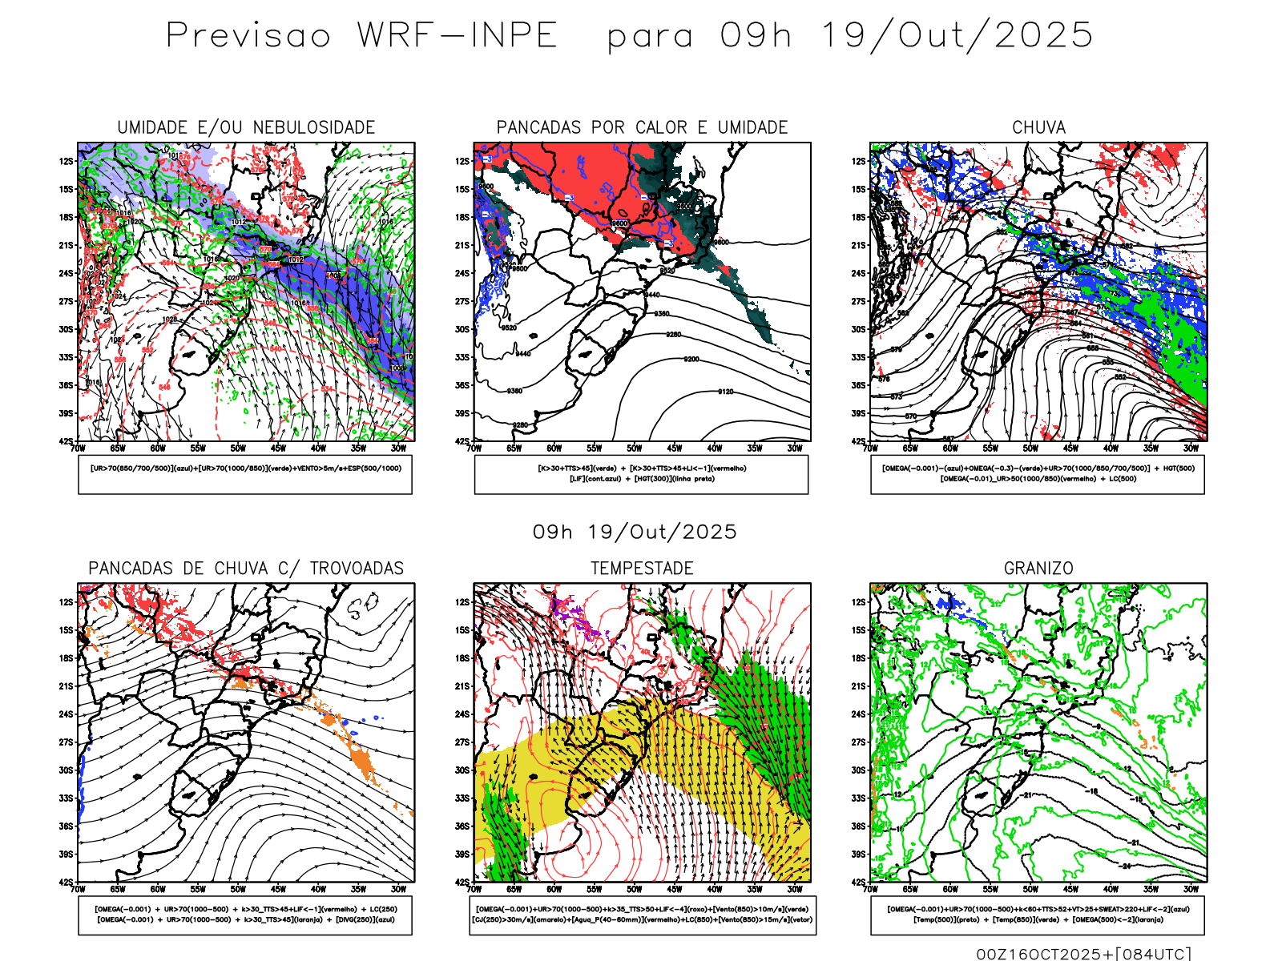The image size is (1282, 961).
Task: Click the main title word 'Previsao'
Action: (x=248, y=36)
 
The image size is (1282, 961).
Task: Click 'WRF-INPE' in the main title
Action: (x=457, y=36)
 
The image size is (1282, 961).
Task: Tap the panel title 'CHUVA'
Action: (x=1038, y=127)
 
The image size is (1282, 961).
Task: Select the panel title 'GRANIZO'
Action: (x=1038, y=569)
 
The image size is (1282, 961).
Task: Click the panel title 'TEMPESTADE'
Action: (x=642, y=569)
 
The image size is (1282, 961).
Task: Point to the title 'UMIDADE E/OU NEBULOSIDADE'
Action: (x=246, y=127)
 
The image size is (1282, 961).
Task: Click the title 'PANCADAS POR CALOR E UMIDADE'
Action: (x=642, y=127)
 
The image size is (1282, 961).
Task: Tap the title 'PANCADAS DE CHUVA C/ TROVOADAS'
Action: (x=246, y=569)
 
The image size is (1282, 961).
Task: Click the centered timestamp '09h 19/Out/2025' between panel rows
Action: (x=635, y=532)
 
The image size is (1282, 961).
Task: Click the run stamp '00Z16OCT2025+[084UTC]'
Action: (x=1083, y=954)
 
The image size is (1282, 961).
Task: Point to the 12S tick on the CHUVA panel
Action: (x=859, y=161)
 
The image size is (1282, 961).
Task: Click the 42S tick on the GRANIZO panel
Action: (x=859, y=883)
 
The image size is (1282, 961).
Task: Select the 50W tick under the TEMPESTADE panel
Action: (x=635, y=889)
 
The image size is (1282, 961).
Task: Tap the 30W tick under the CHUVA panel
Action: (x=1191, y=448)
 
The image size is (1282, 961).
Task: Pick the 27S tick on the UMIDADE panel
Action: (x=66, y=301)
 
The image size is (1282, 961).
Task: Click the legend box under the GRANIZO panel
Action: (x=1038, y=915)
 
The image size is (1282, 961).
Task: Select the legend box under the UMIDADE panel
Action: (x=245, y=474)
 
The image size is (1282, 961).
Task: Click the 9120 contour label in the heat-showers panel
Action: (x=725, y=392)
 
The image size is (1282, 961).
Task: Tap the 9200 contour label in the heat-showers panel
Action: (x=691, y=359)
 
